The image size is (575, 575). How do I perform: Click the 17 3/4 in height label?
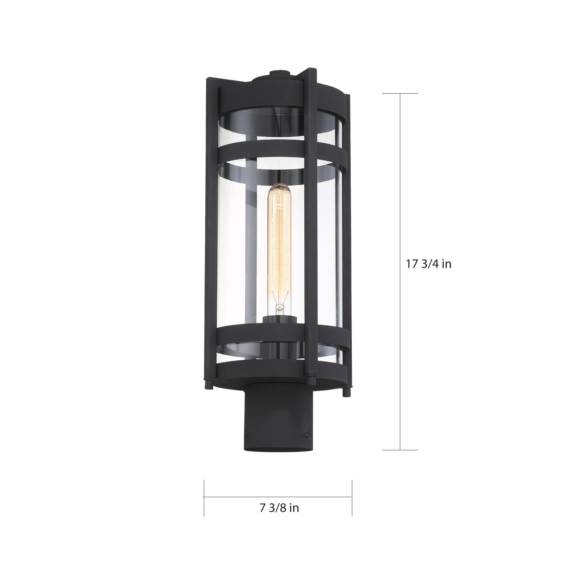point(429,264)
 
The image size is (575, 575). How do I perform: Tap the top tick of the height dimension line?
point(400,94)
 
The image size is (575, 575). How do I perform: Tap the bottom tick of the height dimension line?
point(400,441)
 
